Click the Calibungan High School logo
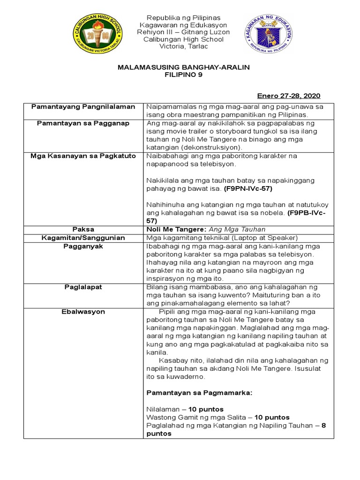99,34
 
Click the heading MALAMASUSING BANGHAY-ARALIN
183,67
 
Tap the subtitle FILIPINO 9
183,75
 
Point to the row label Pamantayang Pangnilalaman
83,107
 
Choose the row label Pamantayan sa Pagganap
83,123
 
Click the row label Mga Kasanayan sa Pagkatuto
83,156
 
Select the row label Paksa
83,229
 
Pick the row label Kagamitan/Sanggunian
83,238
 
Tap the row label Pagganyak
83,246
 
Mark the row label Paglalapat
83,287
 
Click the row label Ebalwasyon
83,311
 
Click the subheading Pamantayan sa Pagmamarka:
199,393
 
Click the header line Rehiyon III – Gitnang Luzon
183,32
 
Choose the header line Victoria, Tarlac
183,46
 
